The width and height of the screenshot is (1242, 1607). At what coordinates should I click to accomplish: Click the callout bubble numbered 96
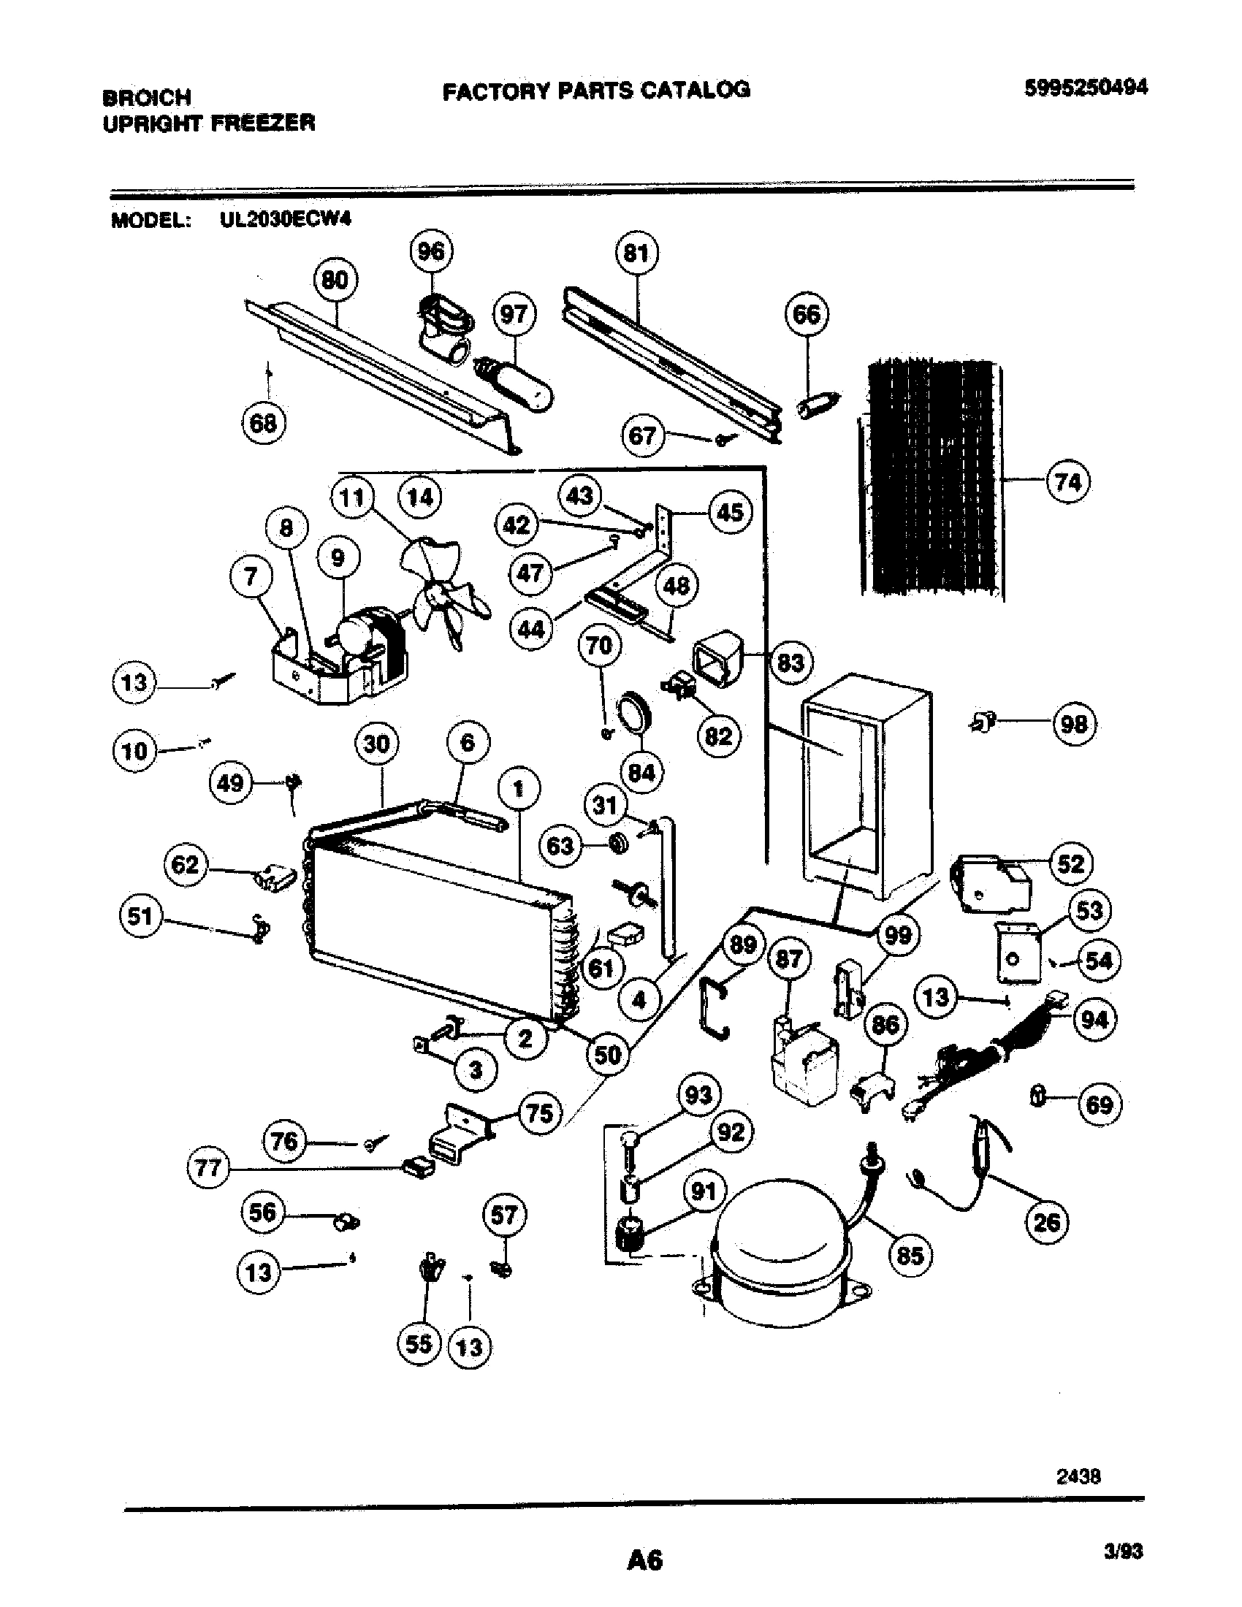[431, 252]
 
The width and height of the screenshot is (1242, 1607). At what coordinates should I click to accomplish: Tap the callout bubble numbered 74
[1067, 482]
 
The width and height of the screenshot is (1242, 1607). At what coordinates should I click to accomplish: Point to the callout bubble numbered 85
[910, 1254]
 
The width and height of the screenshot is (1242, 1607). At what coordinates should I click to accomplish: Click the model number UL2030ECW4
[285, 220]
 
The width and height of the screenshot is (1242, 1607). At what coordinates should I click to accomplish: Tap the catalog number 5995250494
[1086, 88]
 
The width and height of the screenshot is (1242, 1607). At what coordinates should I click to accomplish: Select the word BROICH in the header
[147, 97]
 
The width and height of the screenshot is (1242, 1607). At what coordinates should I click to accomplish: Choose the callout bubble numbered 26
[1046, 1222]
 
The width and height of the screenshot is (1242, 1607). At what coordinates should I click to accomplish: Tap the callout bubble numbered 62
[185, 864]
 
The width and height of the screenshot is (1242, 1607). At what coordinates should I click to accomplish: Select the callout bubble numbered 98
[1074, 724]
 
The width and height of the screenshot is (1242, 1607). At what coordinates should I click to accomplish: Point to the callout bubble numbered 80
[335, 280]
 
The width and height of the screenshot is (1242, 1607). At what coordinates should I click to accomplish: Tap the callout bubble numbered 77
[208, 1167]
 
